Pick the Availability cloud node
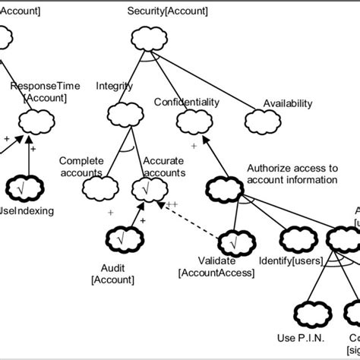(x=260, y=120)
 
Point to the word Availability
(x=285, y=103)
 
